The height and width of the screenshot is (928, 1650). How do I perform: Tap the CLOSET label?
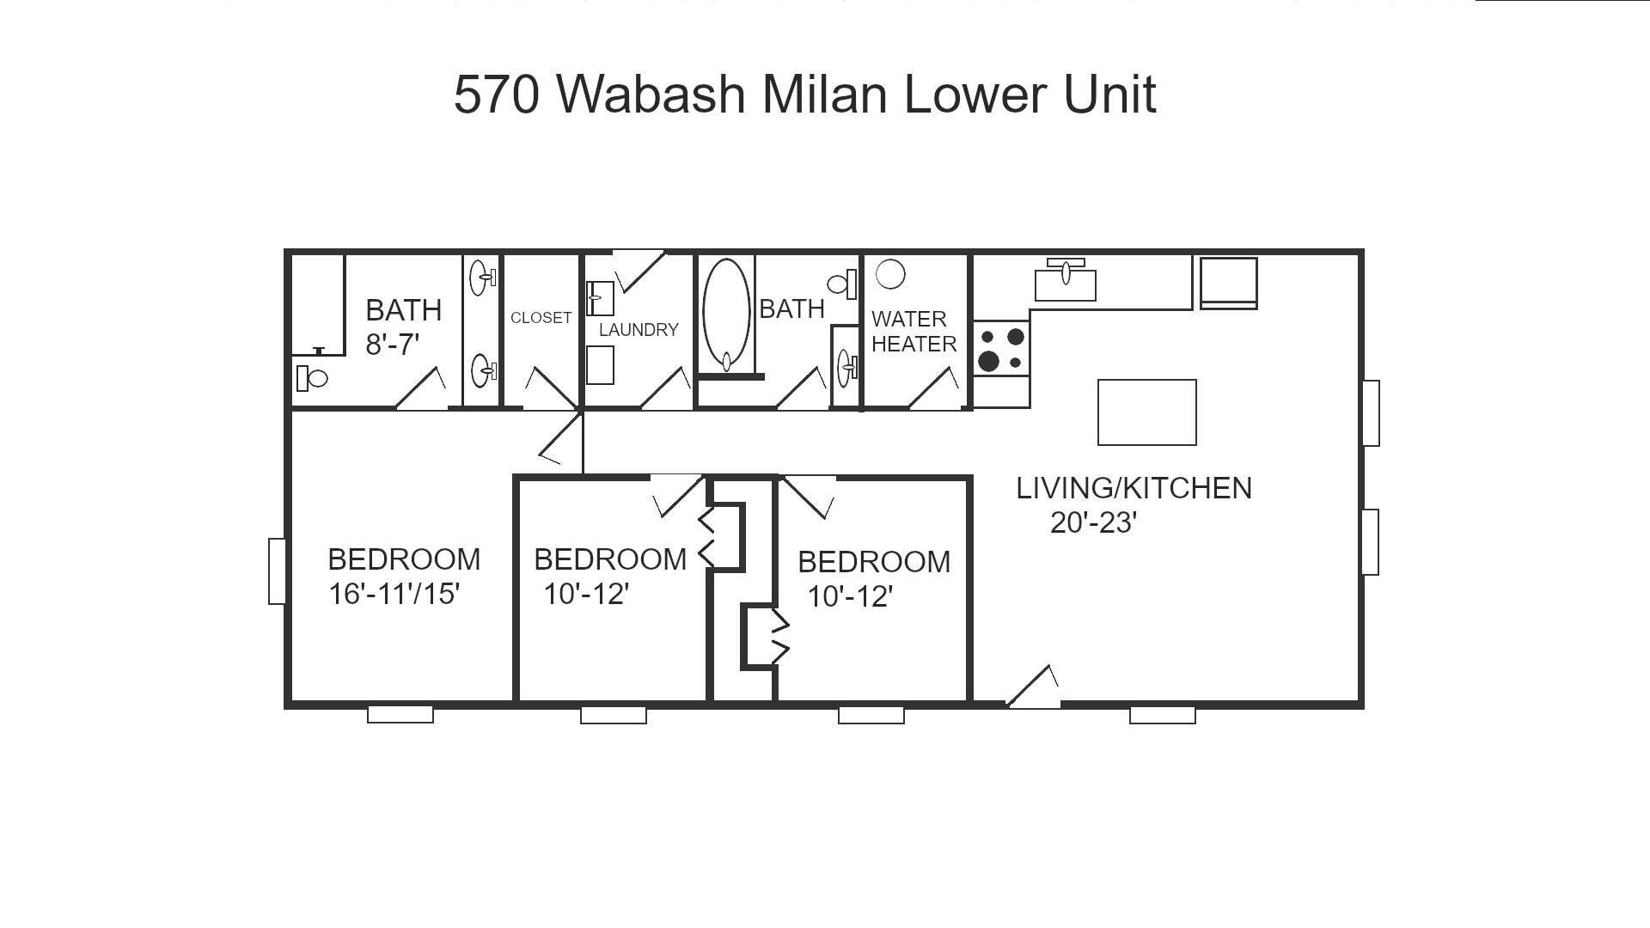click(541, 318)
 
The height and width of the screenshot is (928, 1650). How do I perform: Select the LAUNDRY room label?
click(639, 330)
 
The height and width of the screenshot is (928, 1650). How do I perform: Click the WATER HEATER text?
click(914, 332)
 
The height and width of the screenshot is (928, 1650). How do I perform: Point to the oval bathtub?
click(726, 314)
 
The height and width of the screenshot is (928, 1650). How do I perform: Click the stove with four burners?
click(1001, 349)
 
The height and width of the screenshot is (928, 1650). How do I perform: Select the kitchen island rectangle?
click(1146, 412)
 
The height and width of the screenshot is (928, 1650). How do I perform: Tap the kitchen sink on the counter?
click(1066, 282)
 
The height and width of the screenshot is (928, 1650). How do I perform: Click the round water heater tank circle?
click(890, 275)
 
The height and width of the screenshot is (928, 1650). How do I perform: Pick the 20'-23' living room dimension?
click(1093, 522)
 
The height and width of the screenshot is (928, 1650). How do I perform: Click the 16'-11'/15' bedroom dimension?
click(394, 594)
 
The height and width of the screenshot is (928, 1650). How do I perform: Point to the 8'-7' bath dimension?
click(392, 345)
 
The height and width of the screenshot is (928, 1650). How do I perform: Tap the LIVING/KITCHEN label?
click(1134, 488)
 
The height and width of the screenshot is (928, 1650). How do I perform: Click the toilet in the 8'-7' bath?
click(311, 378)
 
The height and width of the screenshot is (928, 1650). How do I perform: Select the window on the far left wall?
click(277, 571)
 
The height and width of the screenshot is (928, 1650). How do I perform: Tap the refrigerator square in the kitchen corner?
click(1228, 282)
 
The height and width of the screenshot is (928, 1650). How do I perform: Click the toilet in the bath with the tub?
click(842, 284)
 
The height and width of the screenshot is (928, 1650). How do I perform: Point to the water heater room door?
click(935, 390)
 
